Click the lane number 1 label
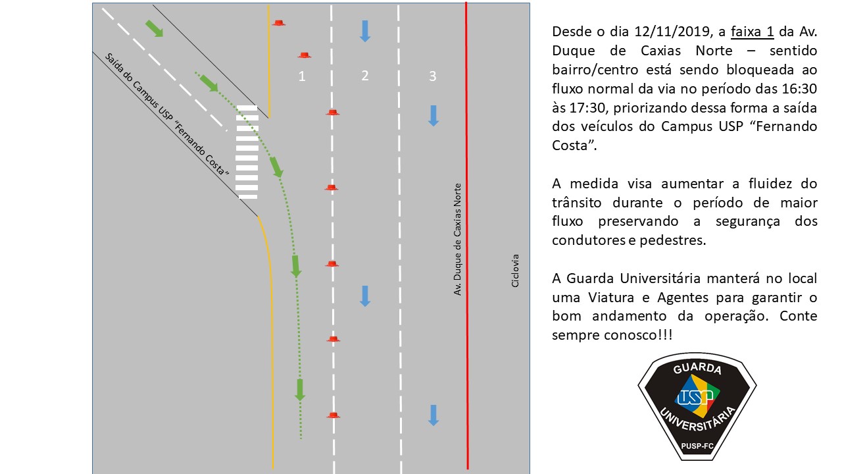tap(301, 76)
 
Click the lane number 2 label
tap(364, 76)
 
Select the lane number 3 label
tap(433, 76)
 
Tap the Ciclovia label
tap(515, 271)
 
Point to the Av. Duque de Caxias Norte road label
tap(457, 239)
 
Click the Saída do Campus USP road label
tap(166, 115)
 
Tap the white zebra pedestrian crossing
tap(247, 152)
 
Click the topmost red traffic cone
tap(278, 22)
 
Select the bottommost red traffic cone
tap(333, 415)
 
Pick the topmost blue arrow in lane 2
tap(364, 31)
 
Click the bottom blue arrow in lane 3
tap(433, 415)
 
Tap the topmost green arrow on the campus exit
tap(155, 28)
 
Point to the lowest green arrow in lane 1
tap(299, 390)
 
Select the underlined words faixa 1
tap(752, 32)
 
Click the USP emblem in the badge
tap(697, 396)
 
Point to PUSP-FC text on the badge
tap(697, 446)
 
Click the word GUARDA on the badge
tap(697, 368)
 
